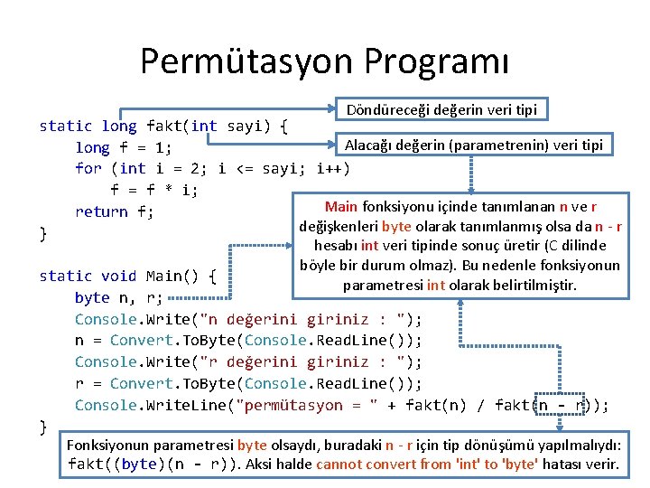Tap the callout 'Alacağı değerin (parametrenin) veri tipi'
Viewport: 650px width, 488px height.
coord(474,144)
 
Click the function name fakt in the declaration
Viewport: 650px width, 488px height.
coord(163,126)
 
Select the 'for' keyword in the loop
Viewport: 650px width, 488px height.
coord(88,168)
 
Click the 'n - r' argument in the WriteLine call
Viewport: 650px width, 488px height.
coord(564,405)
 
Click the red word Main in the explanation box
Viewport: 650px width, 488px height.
coord(340,206)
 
